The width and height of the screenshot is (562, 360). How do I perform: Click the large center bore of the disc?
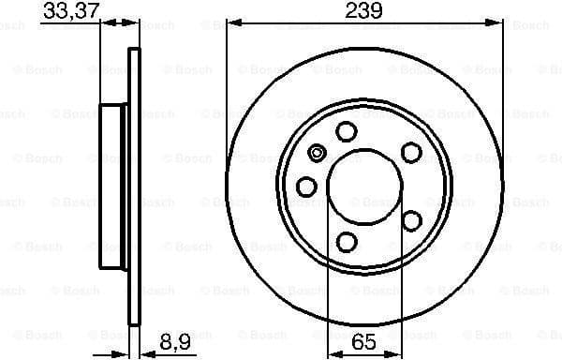(364, 187)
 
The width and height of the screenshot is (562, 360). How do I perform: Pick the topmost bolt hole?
(347, 131)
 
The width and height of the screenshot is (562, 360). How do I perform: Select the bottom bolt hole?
(347, 242)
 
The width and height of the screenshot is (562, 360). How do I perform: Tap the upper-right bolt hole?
(410, 152)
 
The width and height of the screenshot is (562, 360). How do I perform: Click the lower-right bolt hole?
(410, 220)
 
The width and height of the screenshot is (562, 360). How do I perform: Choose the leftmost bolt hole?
(305, 187)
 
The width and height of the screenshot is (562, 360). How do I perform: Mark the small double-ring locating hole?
(316, 154)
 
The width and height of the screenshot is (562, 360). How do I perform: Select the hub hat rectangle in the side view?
(112, 187)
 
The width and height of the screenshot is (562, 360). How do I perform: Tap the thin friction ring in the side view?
(134, 187)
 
